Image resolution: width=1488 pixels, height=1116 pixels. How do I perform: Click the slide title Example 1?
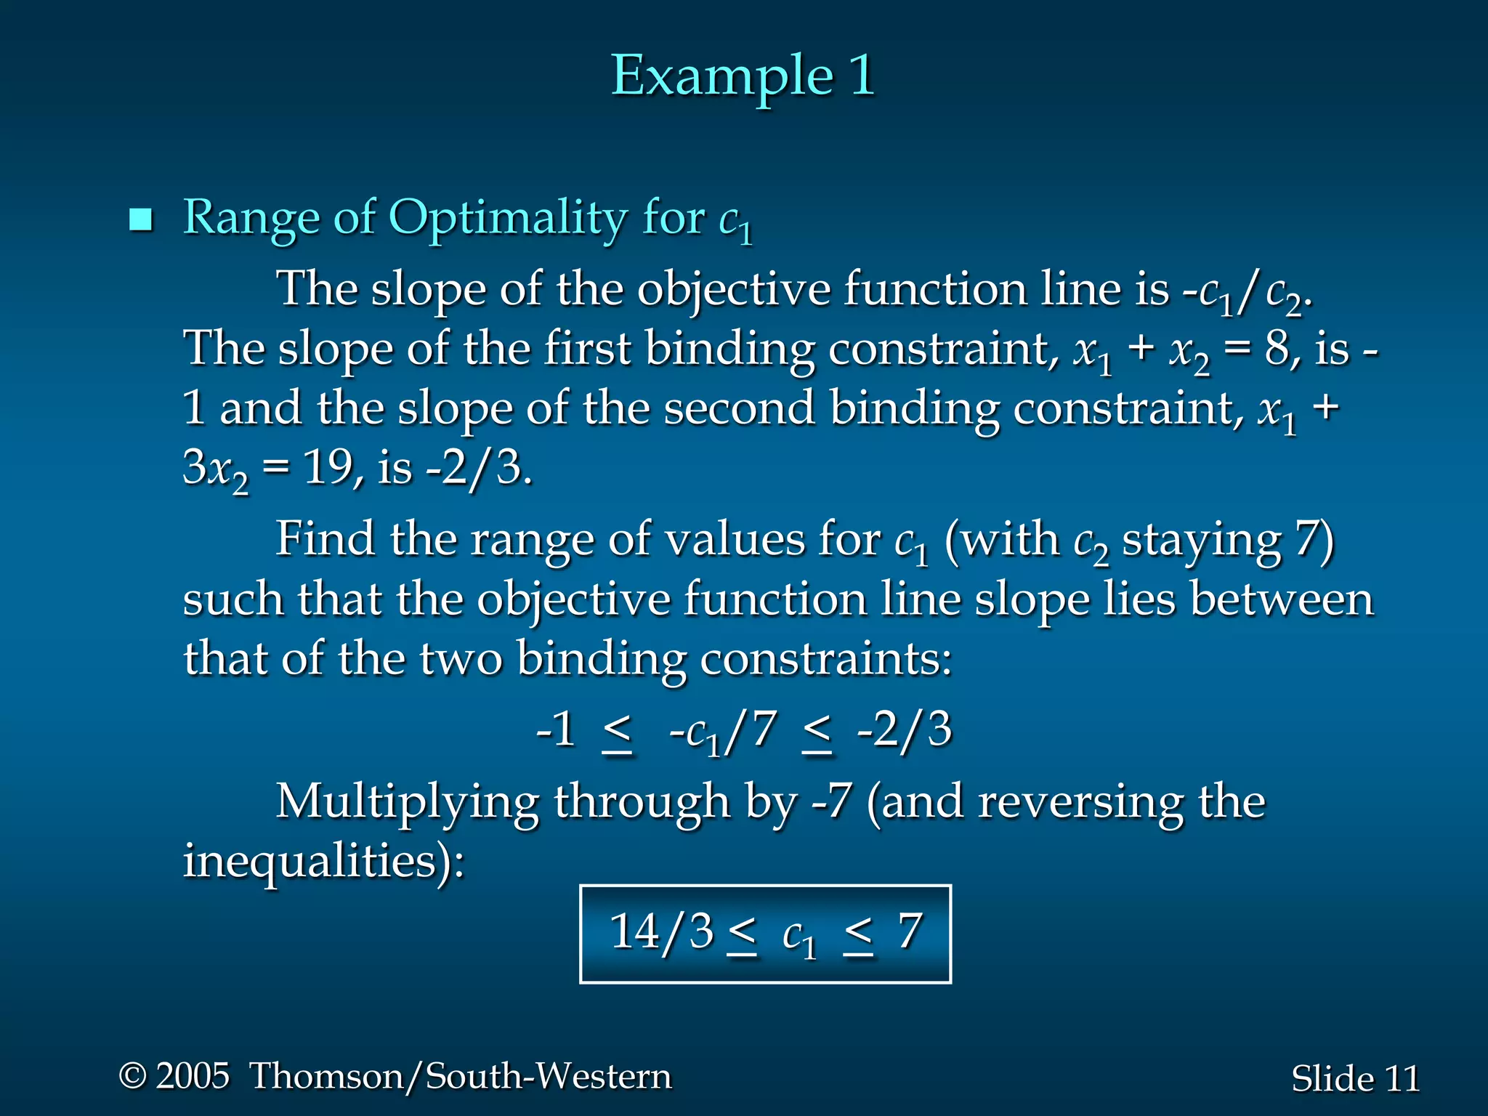(x=743, y=76)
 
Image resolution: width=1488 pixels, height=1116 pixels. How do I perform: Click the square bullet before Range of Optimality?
(x=140, y=219)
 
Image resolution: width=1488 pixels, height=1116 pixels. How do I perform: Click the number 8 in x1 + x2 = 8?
(x=1277, y=349)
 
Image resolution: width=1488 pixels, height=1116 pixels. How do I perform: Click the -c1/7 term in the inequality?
(x=723, y=731)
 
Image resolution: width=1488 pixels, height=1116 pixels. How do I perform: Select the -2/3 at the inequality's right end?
(x=904, y=729)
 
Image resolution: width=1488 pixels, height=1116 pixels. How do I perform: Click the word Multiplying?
(x=407, y=803)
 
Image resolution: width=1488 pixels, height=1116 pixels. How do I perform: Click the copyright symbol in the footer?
(x=132, y=1075)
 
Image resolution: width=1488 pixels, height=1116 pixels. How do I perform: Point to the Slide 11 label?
(x=1355, y=1078)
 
